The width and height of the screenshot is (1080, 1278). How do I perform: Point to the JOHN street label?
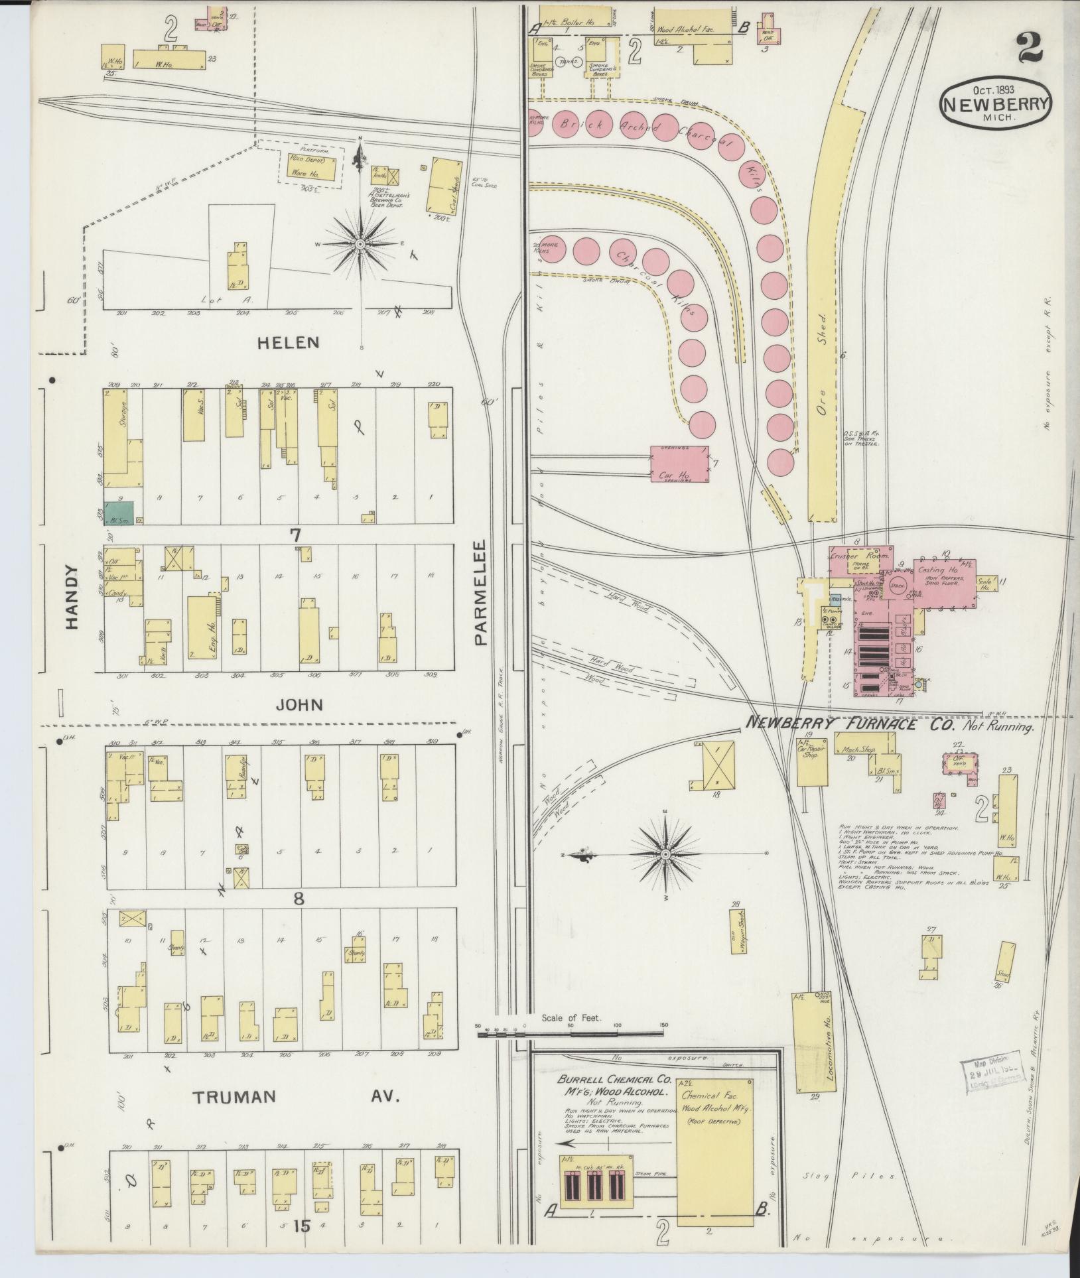click(x=300, y=704)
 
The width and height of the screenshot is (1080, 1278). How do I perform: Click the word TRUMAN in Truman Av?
click(x=234, y=1097)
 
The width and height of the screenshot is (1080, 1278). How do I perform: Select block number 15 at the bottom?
click(x=302, y=1227)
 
